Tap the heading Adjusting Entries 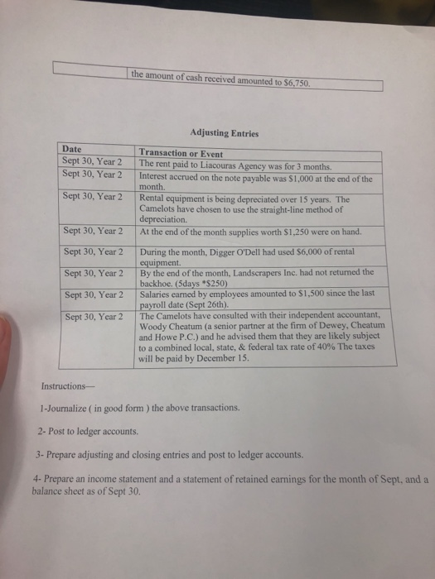(226, 132)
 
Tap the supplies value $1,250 (278, 232)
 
